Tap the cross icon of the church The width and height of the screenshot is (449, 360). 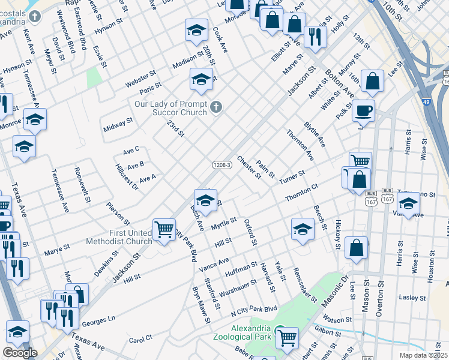217,108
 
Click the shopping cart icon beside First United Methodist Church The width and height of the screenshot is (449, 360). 164,230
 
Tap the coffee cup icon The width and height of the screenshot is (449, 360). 364,111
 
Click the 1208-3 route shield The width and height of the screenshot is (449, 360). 221,164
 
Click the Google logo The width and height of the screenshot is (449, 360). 20,353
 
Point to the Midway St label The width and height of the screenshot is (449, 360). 118,125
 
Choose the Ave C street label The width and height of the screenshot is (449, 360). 131,149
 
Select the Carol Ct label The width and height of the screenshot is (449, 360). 142,340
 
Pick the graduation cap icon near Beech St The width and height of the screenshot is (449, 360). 303,229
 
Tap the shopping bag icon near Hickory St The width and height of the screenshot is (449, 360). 356,248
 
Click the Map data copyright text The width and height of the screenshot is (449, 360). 423,355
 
